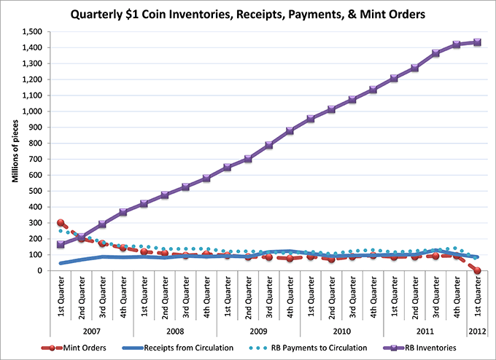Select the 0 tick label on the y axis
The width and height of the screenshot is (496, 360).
coord(41,270)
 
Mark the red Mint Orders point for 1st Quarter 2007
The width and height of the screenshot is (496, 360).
coord(61,223)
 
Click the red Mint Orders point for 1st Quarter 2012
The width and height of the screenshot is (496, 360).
coord(477,270)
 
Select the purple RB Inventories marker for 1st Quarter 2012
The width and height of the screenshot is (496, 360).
coord(477,42)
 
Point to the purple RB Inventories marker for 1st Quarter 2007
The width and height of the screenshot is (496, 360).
coord(61,244)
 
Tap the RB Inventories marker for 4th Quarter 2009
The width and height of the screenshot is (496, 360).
coord(290,130)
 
